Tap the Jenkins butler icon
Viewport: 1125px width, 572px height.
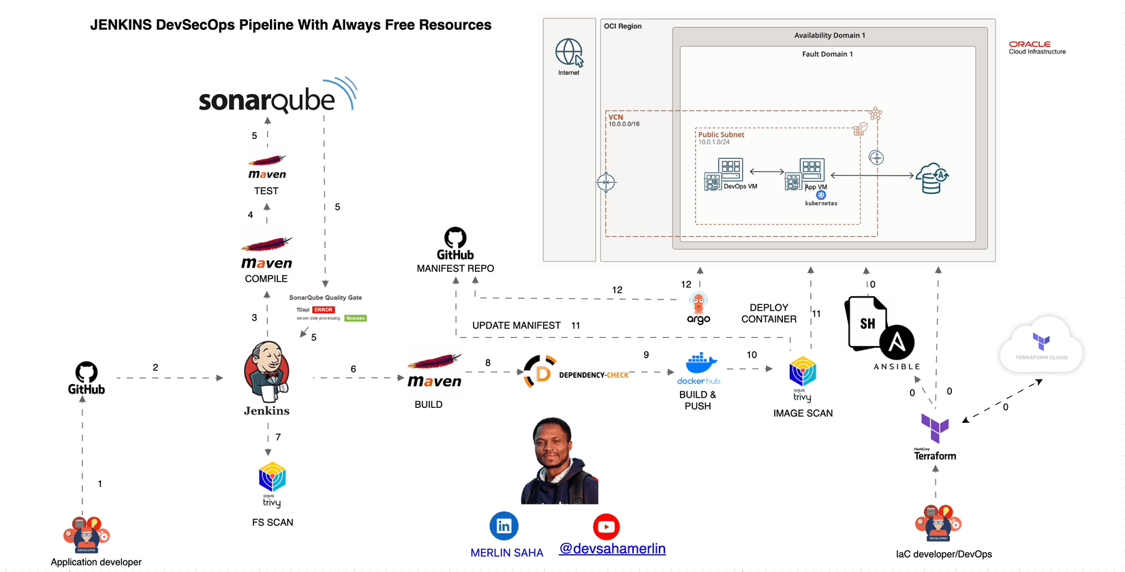(x=266, y=371)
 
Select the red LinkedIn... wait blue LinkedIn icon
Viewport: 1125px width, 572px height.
(x=504, y=526)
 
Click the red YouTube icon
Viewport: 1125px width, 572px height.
(x=606, y=526)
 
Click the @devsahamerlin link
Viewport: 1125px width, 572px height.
(x=612, y=549)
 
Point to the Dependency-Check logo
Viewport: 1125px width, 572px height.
(x=540, y=372)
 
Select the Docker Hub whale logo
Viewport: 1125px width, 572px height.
(x=700, y=364)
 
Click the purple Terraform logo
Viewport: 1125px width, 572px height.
(x=934, y=428)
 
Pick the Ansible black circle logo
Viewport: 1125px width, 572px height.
(x=896, y=343)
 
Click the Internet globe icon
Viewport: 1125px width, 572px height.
(x=569, y=52)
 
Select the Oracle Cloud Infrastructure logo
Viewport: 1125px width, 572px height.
(x=1036, y=47)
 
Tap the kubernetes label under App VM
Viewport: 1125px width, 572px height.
(x=821, y=203)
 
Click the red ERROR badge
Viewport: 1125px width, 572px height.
(x=324, y=310)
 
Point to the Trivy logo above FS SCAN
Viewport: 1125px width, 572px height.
(x=272, y=478)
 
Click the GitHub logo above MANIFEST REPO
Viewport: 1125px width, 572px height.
(x=455, y=238)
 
